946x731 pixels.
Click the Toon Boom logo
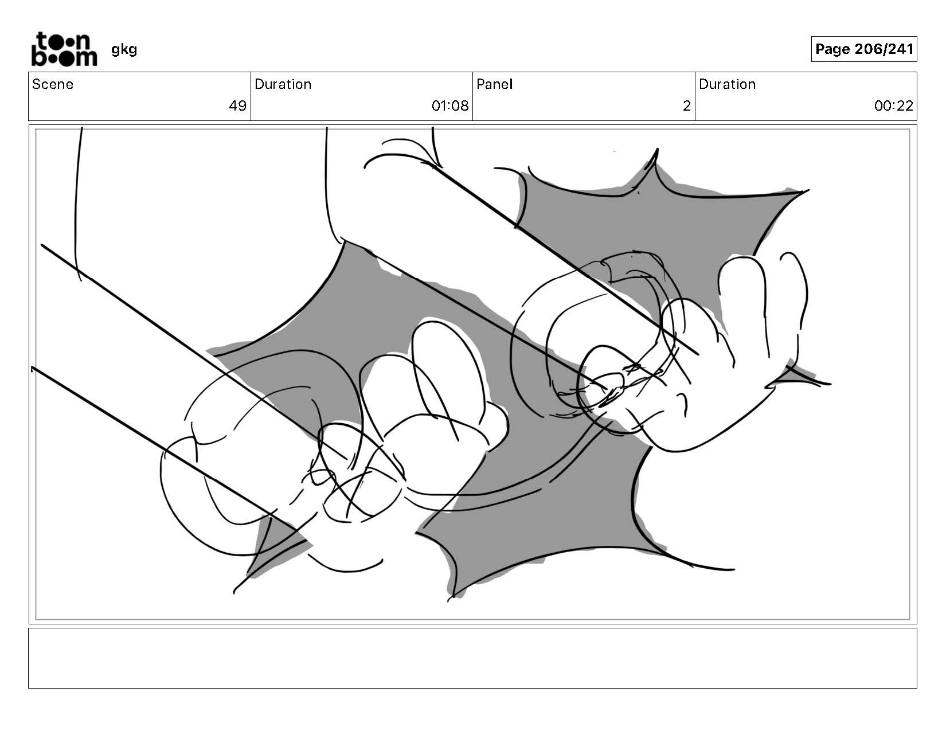pyautogui.click(x=64, y=49)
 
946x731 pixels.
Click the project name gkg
pyautogui.click(x=124, y=49)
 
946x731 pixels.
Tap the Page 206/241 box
pyautogui.click(x=863, y=49)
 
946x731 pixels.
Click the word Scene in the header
pyautogui.click(x=53, y=84)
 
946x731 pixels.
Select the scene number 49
pyautogui.click(x=237, y=105)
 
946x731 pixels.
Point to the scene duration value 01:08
pyautogui.click(x=449, y=105)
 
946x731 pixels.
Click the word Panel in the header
pyautogui.click(x=494, y=84)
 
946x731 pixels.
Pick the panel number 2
pyautogui.click(x=686, y=105)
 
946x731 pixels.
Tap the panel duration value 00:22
pyautogui.click(x=893, y=105)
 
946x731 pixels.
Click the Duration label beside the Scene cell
pyautogui.click(x=283, y=84)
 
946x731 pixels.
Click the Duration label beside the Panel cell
pyautogui.click(x=727, y=84)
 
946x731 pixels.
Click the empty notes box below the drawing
pyautogui.click(x=472, y=658)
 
